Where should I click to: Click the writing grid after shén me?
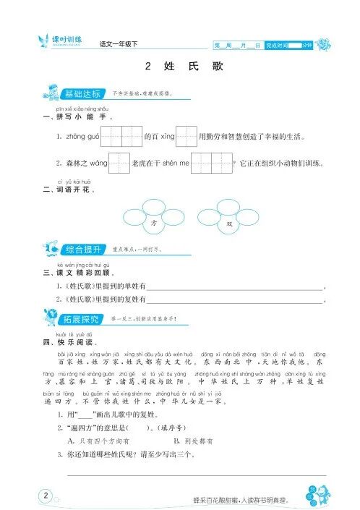(211, 163)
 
